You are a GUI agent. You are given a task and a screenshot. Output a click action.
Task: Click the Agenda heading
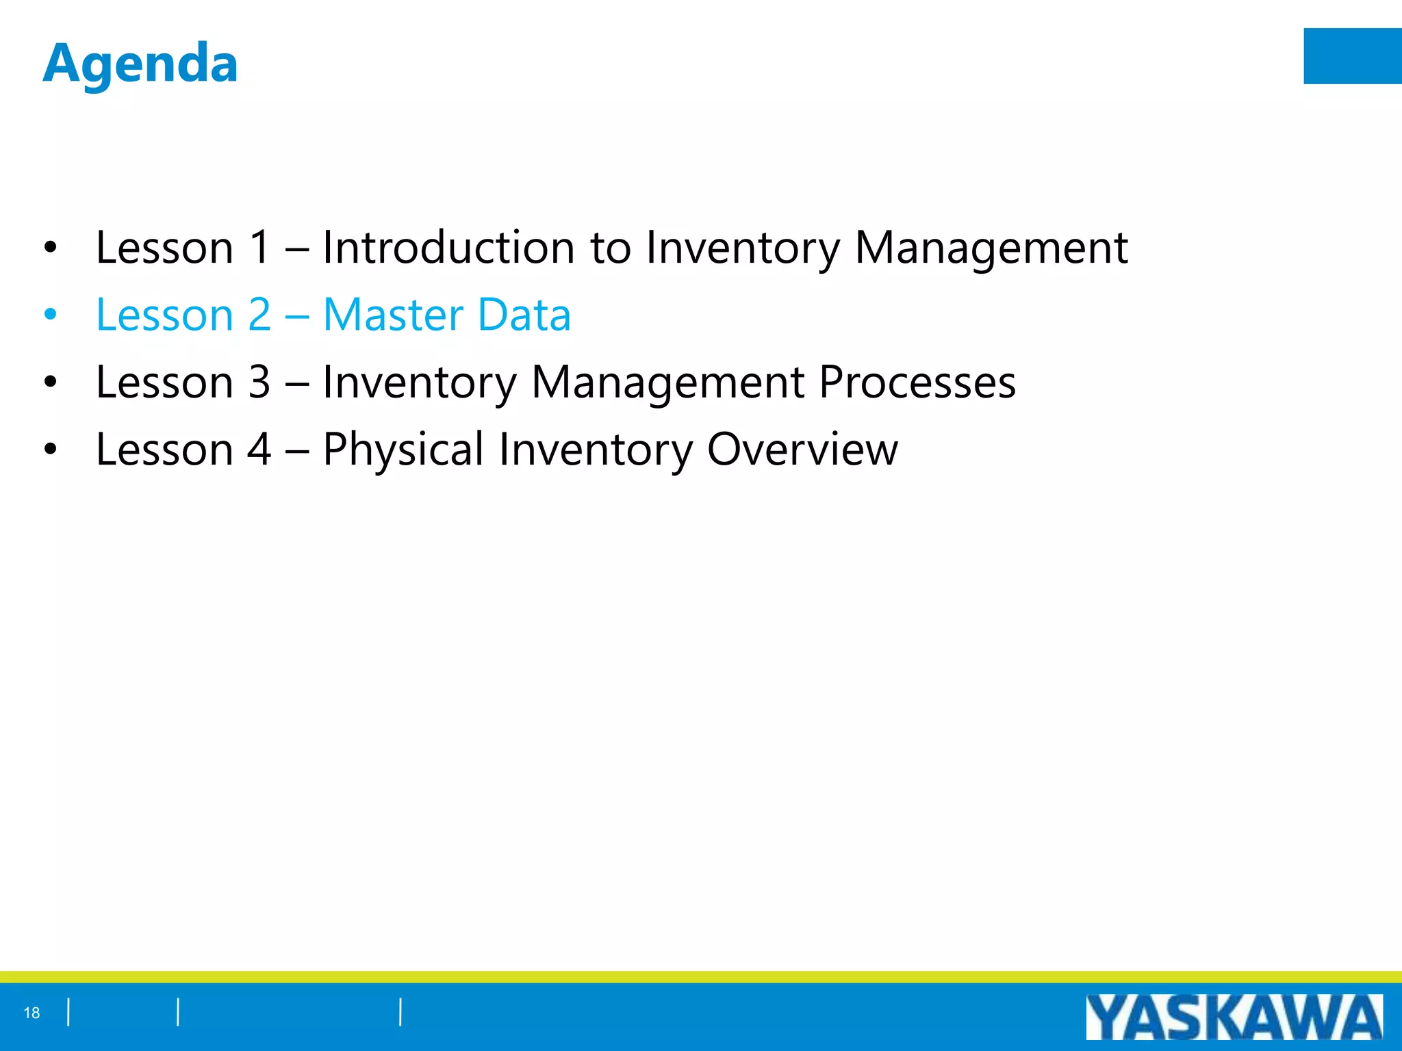(x=140, y=64)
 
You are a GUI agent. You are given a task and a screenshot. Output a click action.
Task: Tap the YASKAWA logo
(x=1234, y=1017)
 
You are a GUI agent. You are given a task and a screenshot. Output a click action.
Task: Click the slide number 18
(x=31, y=1013)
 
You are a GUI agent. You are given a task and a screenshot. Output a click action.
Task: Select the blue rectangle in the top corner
(x=1352, y=56)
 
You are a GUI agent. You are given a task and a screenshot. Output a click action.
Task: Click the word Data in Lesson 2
(x=524, y=315)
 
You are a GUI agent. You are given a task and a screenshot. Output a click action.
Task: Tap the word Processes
(x=917, y=382)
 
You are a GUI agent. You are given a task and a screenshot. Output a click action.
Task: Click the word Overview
(x=802, y=450)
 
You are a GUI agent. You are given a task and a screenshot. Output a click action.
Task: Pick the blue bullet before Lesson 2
(x=50, y=315)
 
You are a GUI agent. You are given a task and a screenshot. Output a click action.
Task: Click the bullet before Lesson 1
(x=50, y=248)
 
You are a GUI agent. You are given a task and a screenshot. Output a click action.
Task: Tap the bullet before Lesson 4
(x=50, y=450)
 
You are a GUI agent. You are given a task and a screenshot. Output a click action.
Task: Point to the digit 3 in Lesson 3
(x=259, y=382)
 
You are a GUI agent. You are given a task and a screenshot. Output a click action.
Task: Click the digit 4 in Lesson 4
(x=259, y=450)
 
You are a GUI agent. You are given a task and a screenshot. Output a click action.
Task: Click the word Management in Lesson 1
(x=991, y=247)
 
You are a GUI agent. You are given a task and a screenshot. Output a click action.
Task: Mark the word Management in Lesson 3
(x=667, y=382)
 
